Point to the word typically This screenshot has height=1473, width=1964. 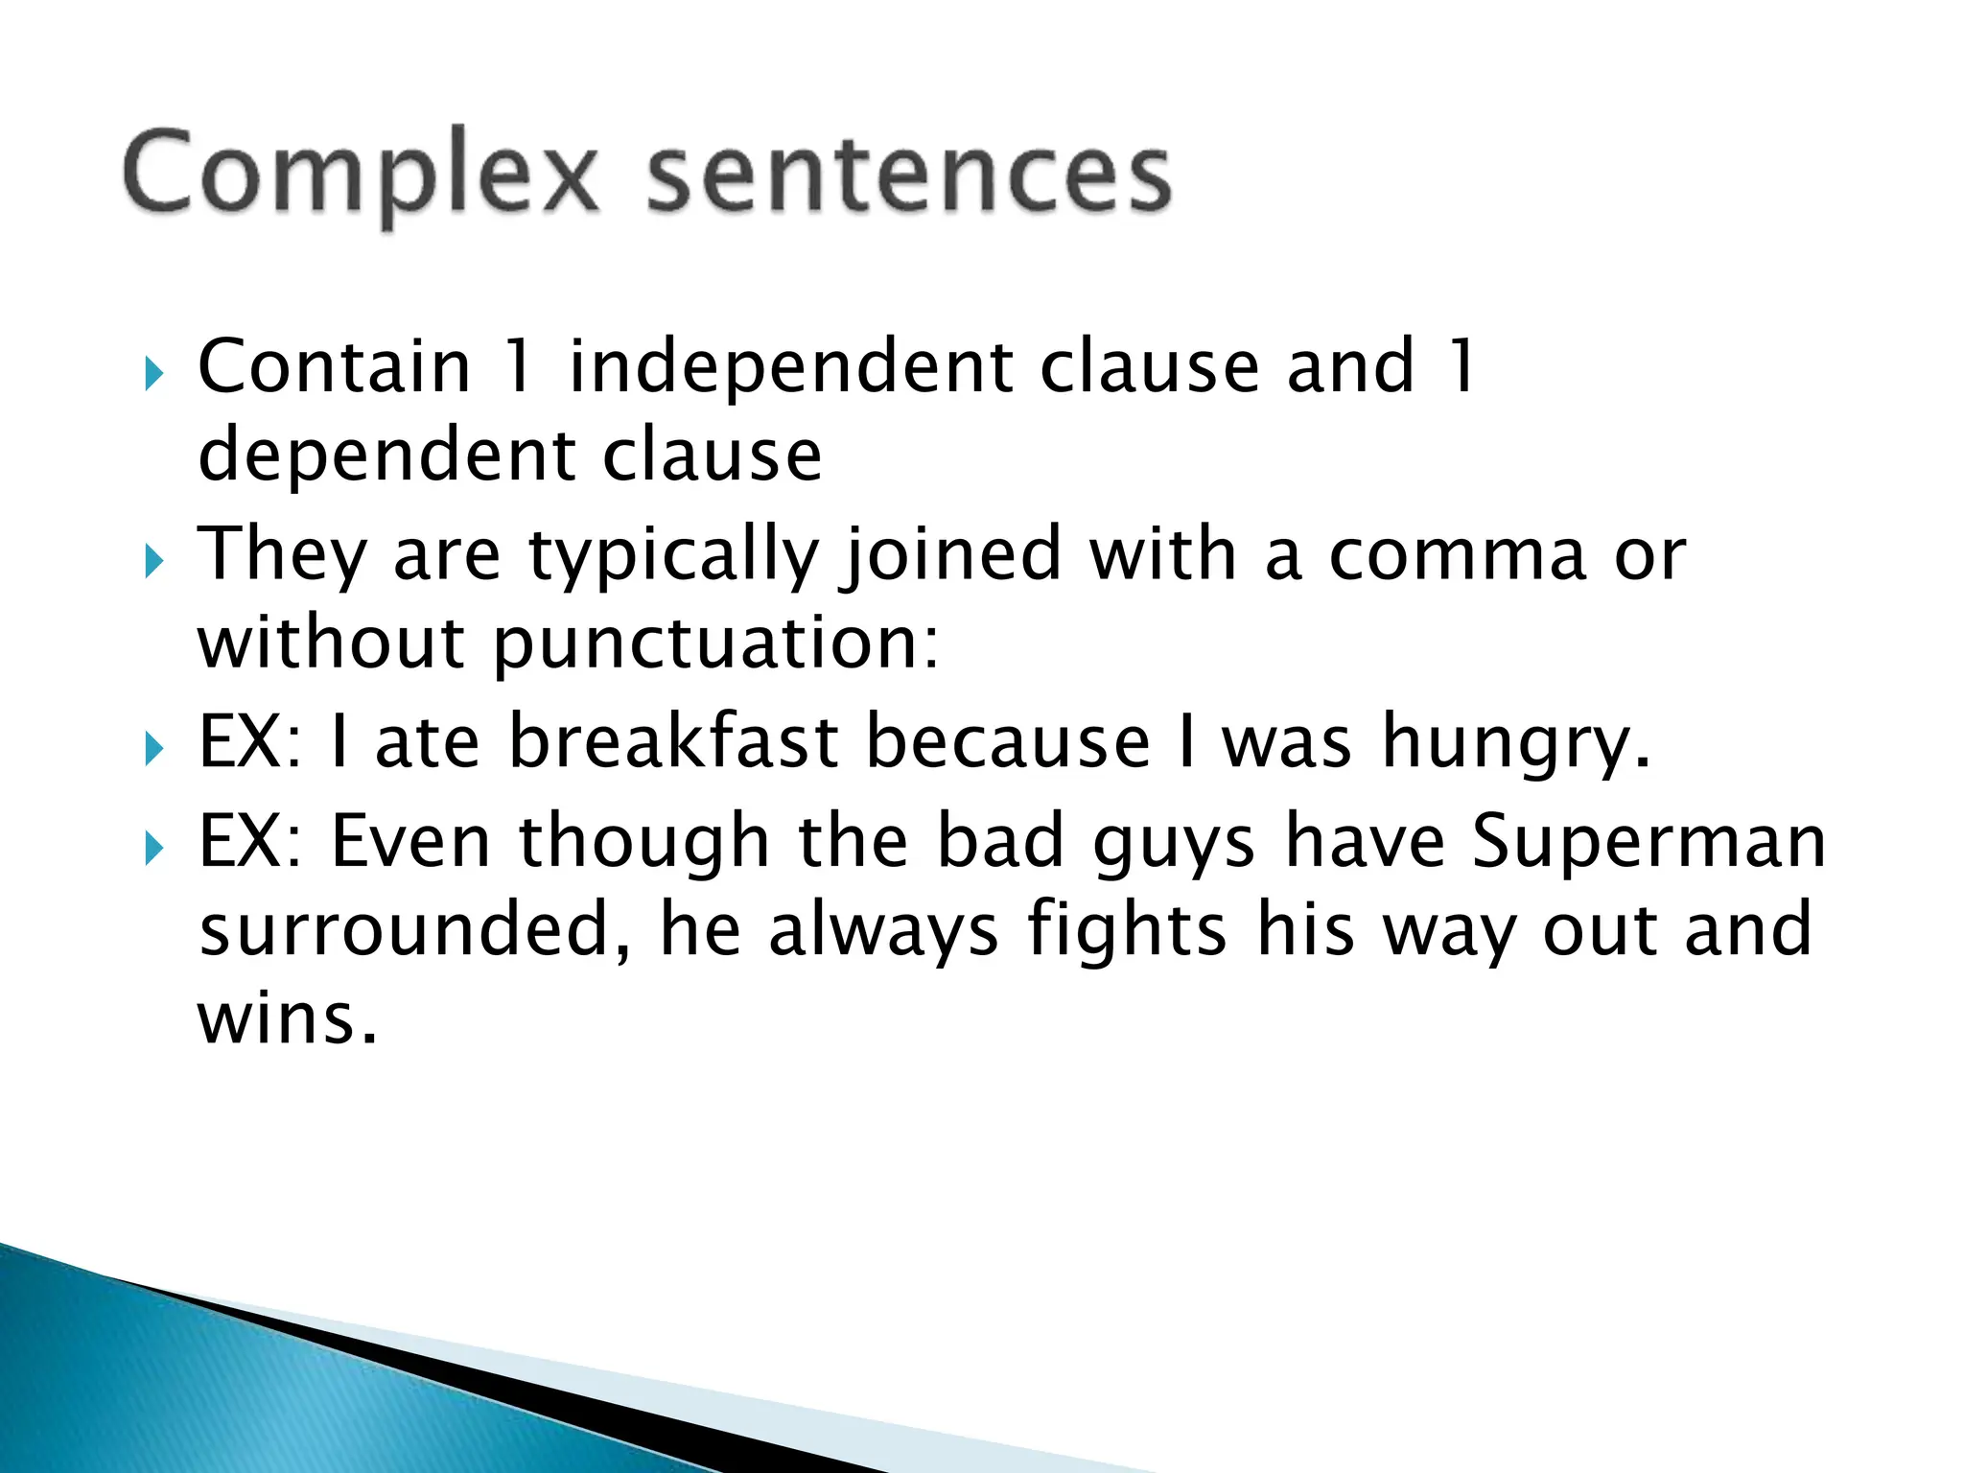(x=673, y=556)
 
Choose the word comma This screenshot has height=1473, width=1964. (x=1458, y=556)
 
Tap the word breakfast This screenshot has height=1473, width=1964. (x=674, y=742)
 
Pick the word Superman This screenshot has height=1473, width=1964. (x=1648, y=841)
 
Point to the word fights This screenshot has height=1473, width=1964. (x=1127, y=929)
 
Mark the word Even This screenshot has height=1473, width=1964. (x=411, y=841)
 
